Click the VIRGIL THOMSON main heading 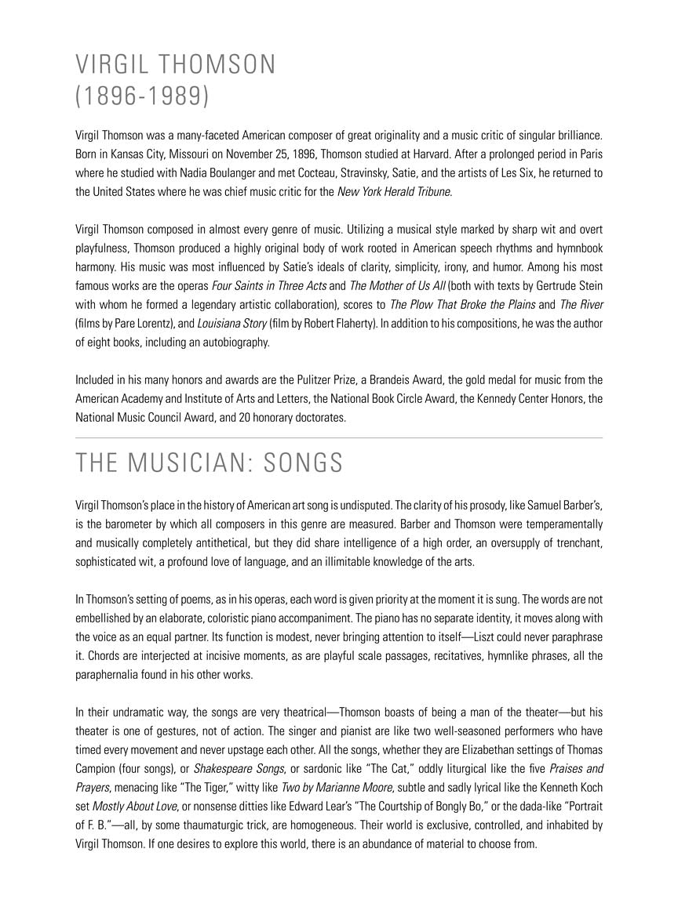pos(176,64)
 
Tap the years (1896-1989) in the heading pos(142,96)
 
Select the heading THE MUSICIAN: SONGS pos(209,463)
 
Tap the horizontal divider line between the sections pos(339,437)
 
